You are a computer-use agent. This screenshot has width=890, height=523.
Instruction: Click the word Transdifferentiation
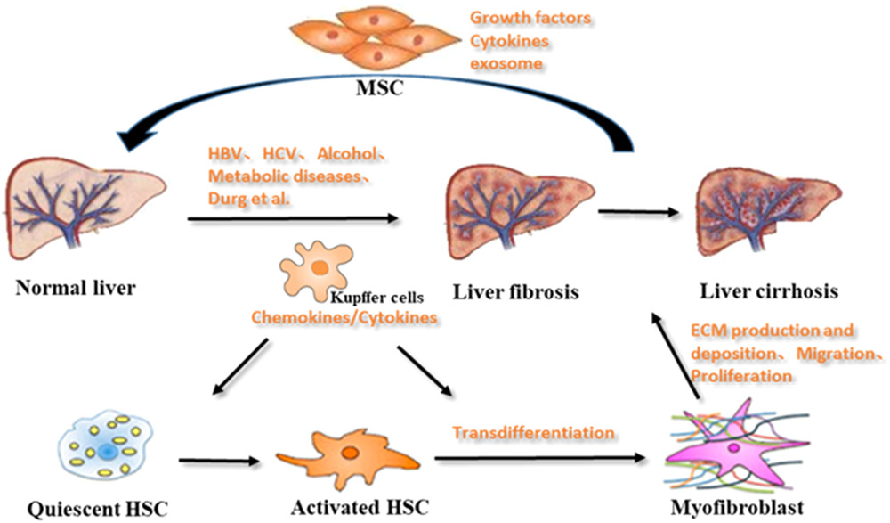[x=534, y=433]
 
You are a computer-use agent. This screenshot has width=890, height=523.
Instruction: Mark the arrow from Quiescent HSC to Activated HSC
[x=221, y=462]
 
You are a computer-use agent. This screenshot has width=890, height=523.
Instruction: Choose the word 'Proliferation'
[x=740, y=377]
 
